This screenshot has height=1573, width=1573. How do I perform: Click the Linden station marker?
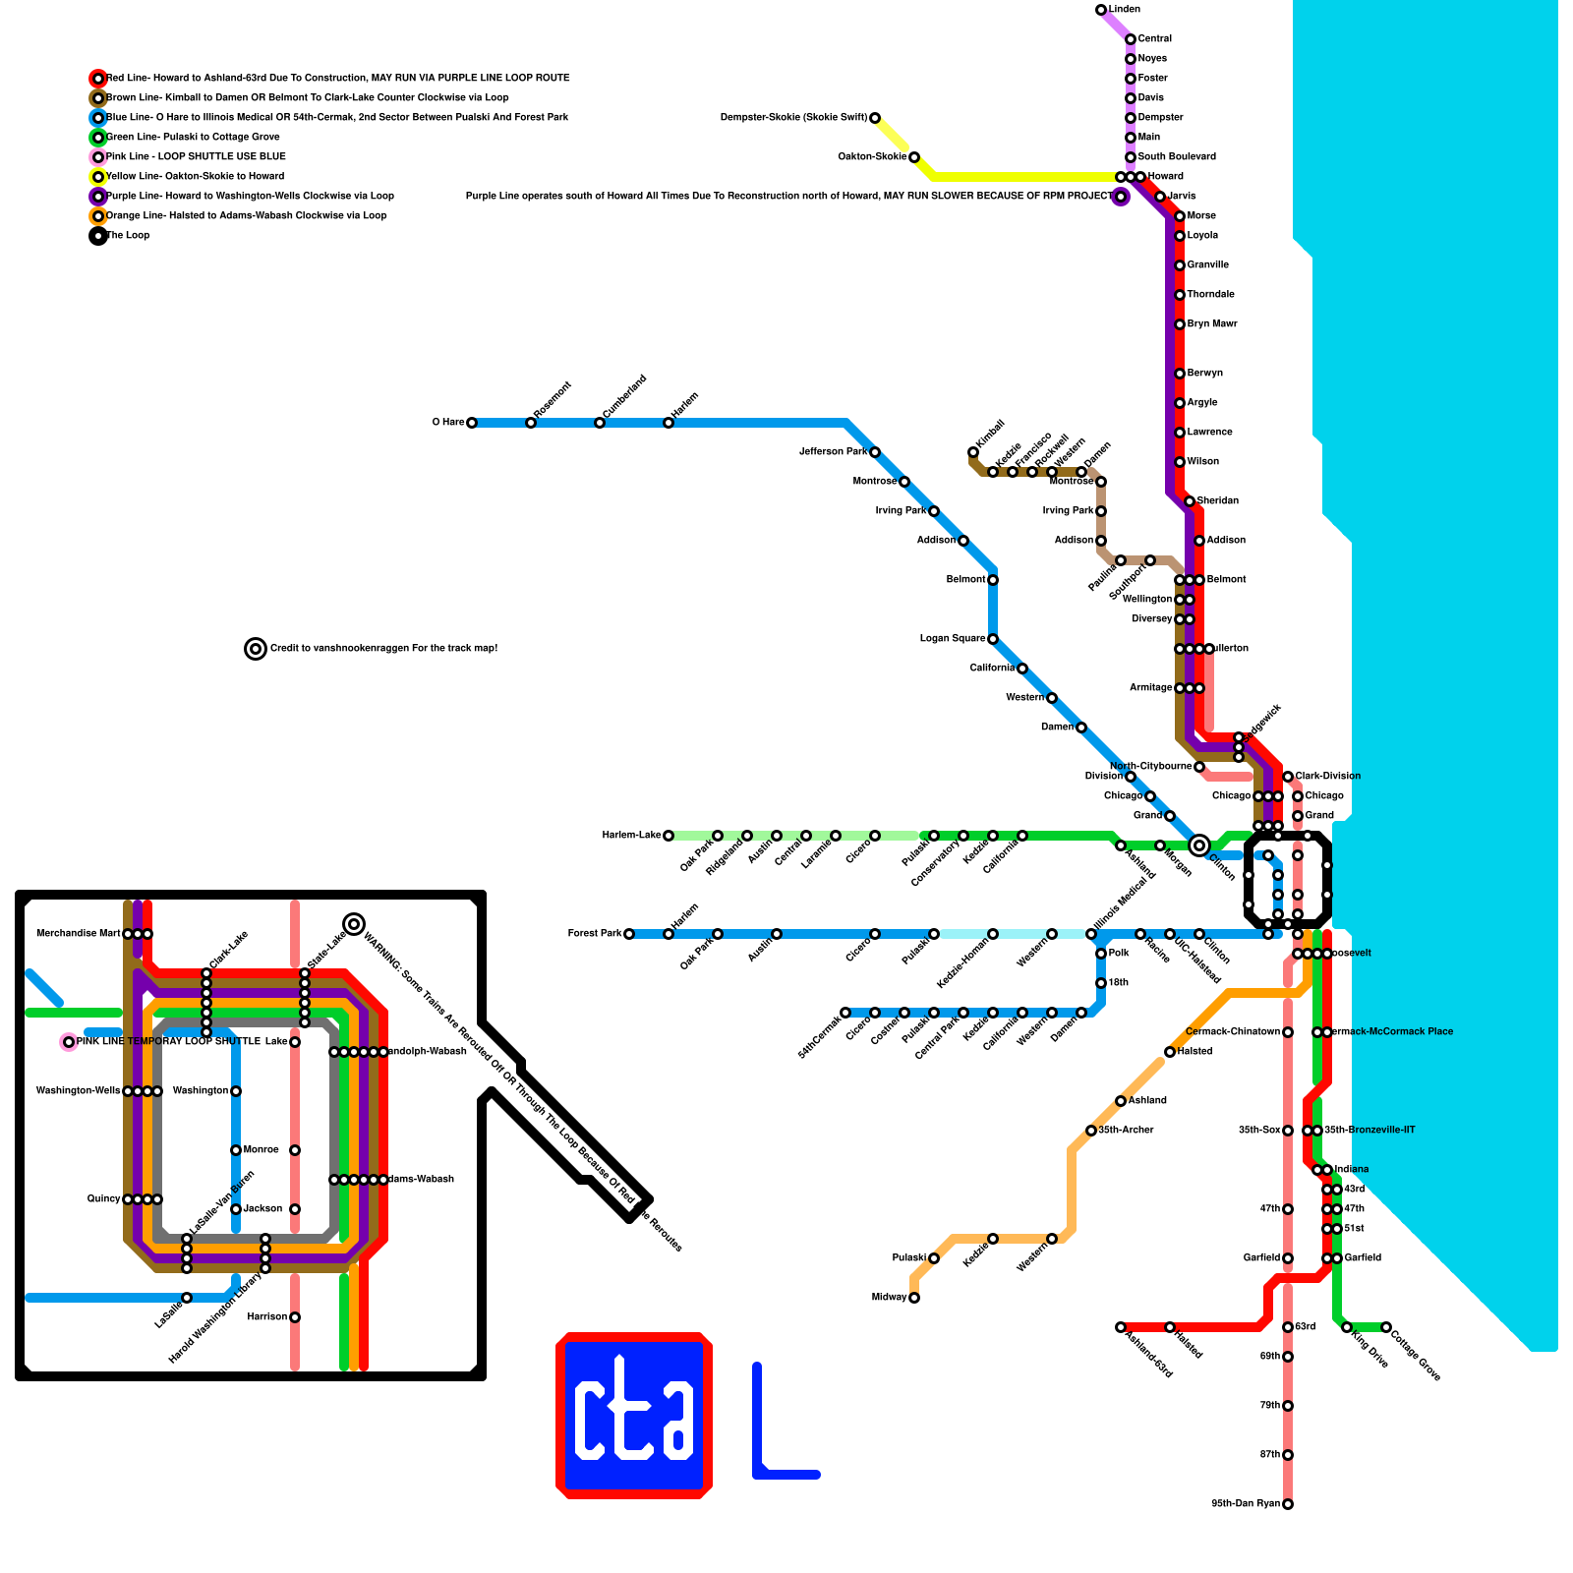1101,10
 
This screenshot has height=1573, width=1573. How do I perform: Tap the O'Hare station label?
448,423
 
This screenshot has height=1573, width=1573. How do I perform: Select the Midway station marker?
914,1298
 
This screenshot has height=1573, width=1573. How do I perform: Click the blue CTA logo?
634,1416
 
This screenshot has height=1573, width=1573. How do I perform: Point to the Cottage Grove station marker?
1386,1327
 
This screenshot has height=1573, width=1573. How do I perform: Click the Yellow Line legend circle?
98,177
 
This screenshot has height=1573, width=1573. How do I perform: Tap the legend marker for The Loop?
98,236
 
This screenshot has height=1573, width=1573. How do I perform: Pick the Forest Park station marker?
629,934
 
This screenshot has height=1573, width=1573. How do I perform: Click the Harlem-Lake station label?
631,836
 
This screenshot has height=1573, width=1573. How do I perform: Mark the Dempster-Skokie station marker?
875,118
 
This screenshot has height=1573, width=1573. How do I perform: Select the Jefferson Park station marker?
875,452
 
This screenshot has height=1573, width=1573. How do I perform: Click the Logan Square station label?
952,639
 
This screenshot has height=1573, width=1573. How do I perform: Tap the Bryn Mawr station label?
1211,324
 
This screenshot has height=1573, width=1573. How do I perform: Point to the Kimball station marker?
973,452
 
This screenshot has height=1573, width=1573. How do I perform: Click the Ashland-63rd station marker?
1121,1327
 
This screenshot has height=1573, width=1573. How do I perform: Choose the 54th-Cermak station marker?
845,1013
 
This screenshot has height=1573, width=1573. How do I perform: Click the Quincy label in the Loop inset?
103,1199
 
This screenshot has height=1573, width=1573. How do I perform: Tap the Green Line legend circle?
98,138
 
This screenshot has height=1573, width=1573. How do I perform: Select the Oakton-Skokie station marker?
914,157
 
